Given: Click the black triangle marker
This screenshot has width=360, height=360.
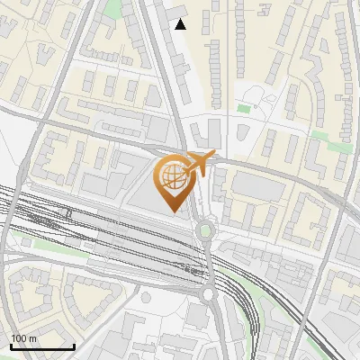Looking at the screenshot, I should [x=180, y=24].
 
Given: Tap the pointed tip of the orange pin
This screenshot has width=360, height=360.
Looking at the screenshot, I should [x=172, y=211].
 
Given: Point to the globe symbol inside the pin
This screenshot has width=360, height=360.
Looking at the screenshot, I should [x=172, y=177].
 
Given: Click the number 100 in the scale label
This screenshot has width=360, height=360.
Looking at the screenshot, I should [x=19, y=338].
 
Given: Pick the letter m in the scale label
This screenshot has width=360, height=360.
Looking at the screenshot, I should [x=32, y=338].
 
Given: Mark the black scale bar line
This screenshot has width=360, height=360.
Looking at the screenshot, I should [x=41, y=346].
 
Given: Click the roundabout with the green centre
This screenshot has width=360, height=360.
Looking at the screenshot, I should [x=206, y=230].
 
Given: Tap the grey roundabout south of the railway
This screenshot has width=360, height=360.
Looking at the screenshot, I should [x=209, y=293].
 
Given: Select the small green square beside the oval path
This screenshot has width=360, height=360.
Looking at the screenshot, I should [x=244, y=109].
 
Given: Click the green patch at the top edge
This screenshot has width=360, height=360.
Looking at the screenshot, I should [x=112, y=8].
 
